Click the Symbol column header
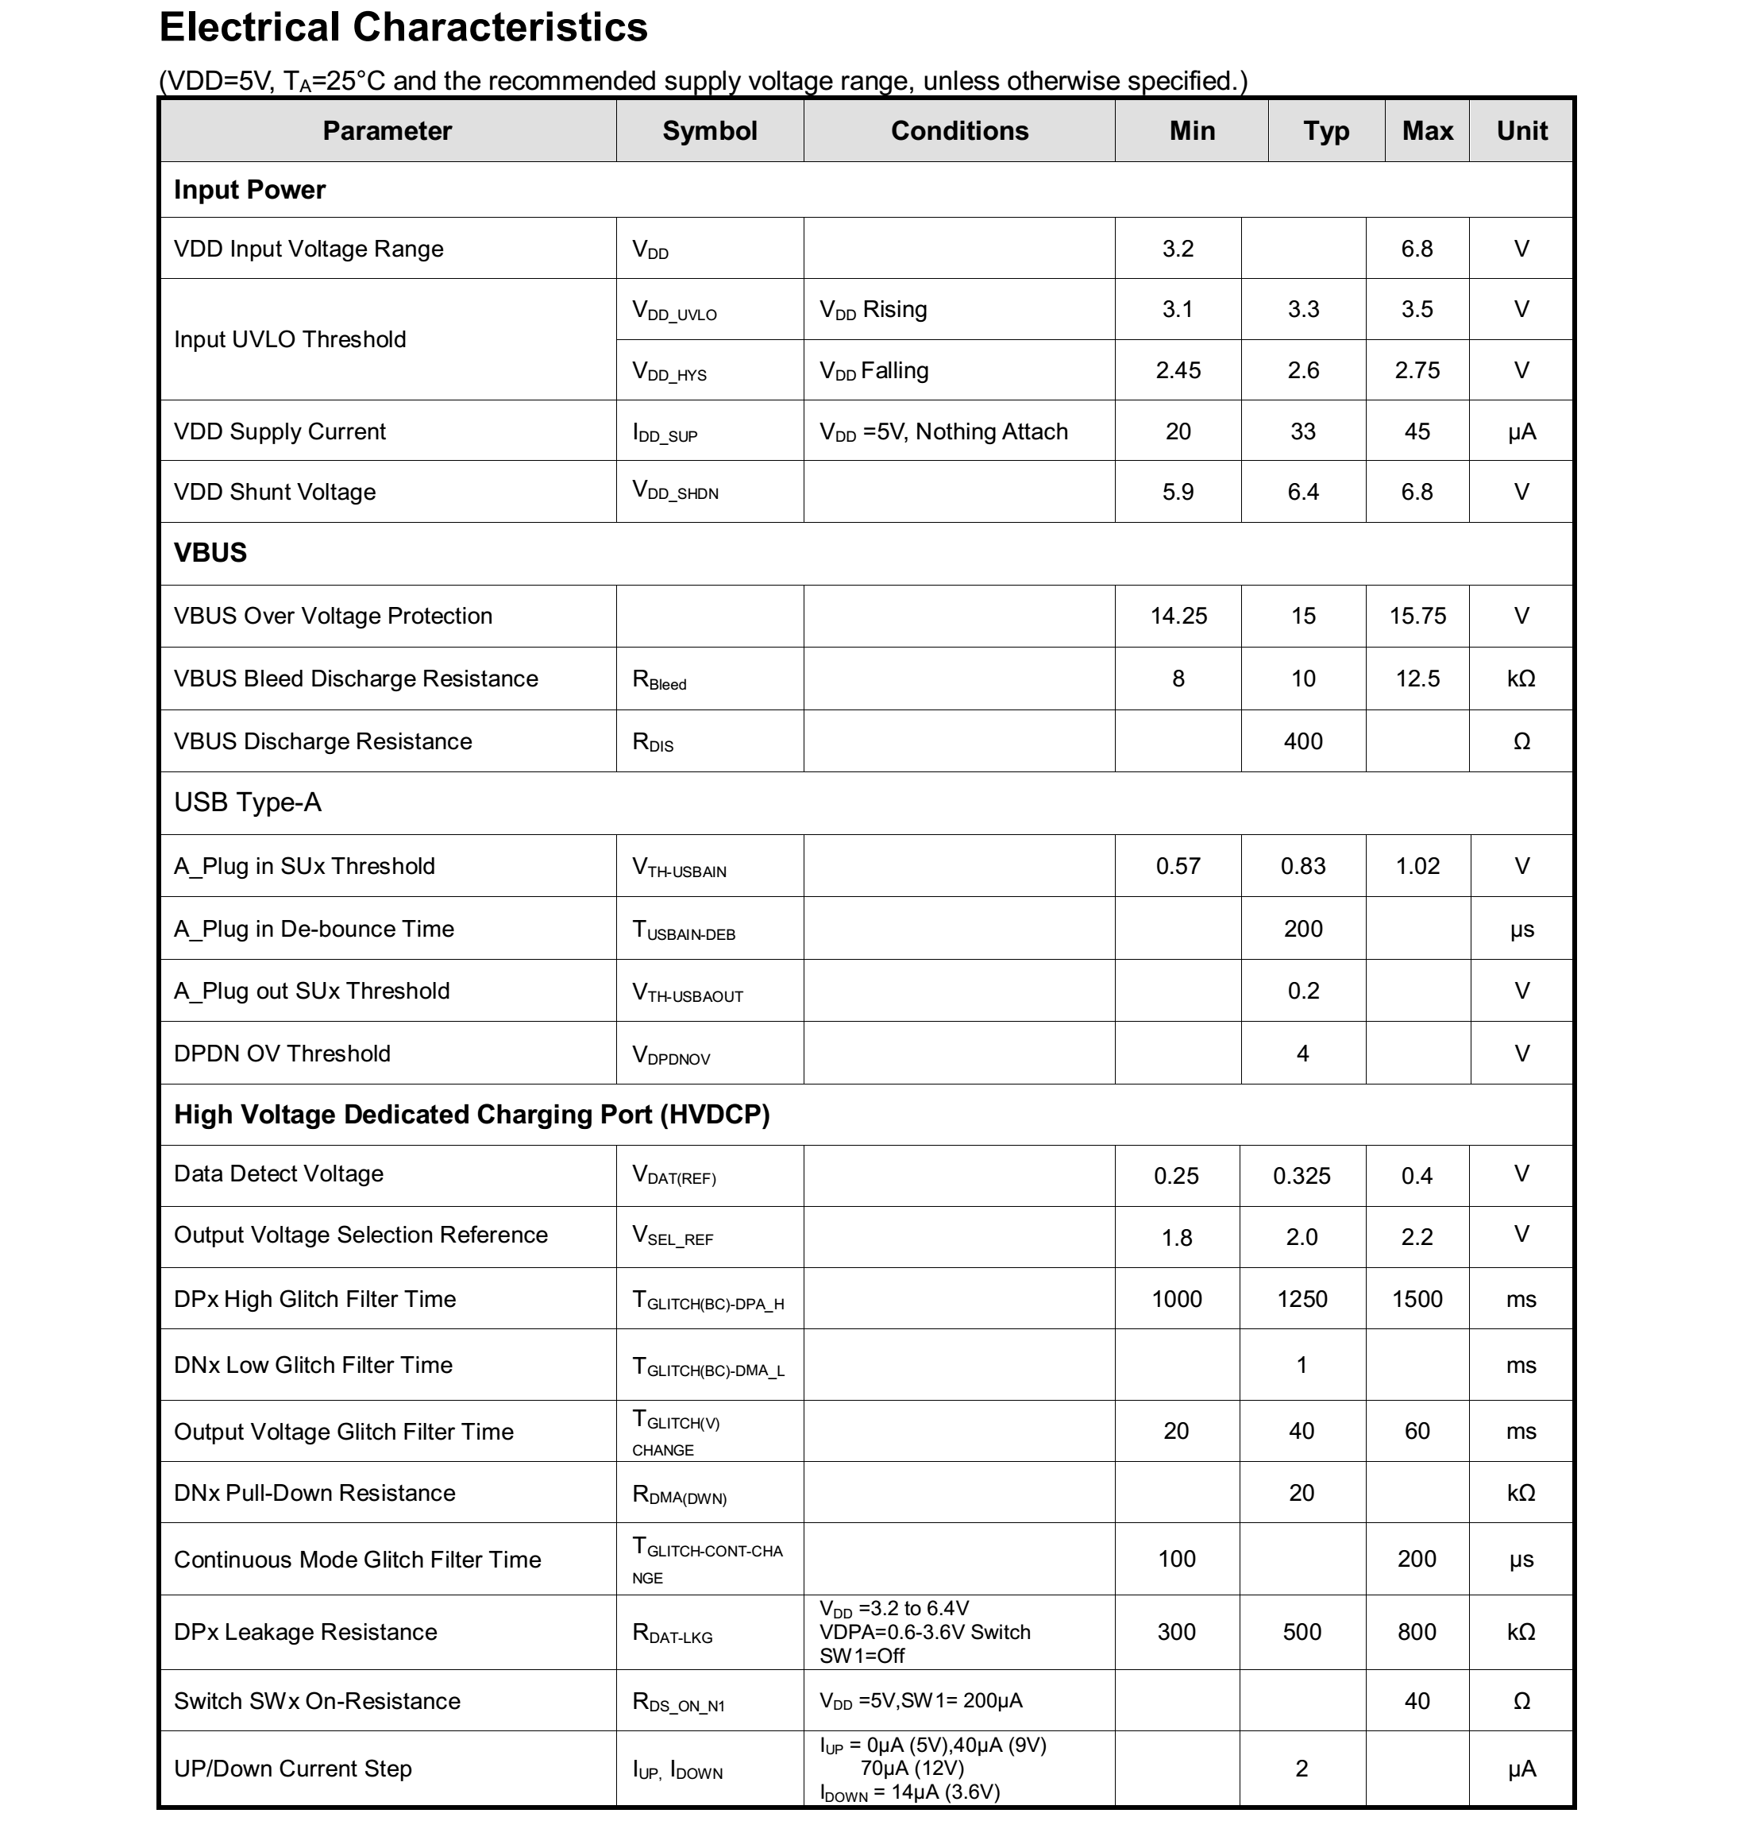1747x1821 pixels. point(710,131)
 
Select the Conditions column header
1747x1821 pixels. point(959,131)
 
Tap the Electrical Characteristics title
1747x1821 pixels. point(403,28)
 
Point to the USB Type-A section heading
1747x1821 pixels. point(247,802)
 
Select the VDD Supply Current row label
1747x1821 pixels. point(280,431)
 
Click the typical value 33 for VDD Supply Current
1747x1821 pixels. point(1302,431)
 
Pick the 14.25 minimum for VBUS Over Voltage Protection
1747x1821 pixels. point(1178,616)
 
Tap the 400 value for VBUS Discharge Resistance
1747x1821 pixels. point(1302,741)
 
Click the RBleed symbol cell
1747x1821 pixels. point(659,680)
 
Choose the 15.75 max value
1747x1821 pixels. point(1417,616)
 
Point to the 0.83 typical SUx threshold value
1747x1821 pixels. point(1302,866)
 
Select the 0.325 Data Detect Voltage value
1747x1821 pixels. point(1302,1175)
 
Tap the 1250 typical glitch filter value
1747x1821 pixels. point(1302,1299)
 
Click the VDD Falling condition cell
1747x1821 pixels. point(873,371)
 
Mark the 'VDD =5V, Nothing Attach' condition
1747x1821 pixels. point(943,432)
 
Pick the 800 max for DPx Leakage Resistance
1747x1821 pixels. point(1417,1633)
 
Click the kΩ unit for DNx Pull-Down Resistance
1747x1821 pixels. point(1521,1493)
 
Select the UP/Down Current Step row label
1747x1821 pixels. point(292,1769)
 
